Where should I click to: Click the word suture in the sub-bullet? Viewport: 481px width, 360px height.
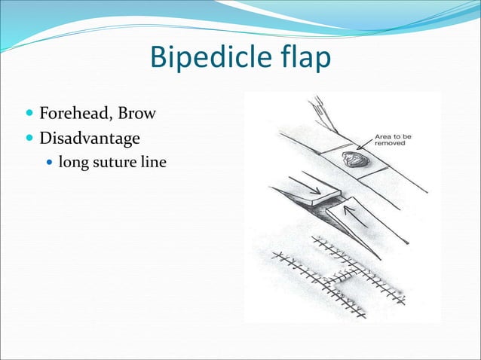pyautogui.click(x=110, y=161)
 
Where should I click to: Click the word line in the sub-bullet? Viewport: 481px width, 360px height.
pyautogui.click(x=149, y=161)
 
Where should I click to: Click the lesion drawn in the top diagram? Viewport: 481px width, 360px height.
pyautogui.click(x=351, y=160)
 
